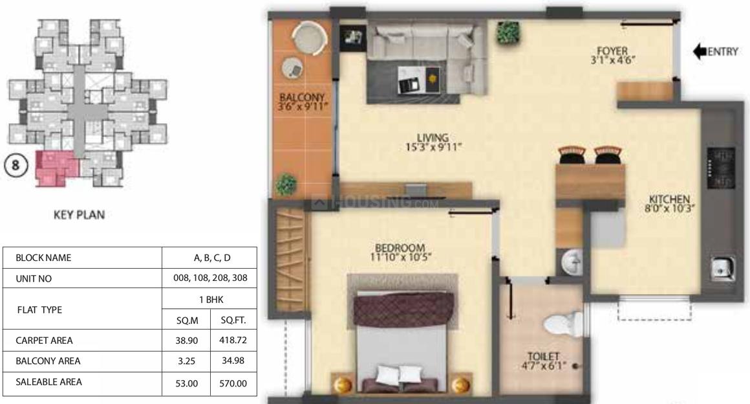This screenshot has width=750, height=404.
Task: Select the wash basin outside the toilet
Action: click(x=572, y=263)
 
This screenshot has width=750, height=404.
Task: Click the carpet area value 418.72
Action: click(x=233, y=339)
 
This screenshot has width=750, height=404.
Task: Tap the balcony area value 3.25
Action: click(x=186, y=361)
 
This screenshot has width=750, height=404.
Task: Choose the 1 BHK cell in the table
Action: click(x=209, y=299)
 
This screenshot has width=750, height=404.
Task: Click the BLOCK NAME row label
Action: click(x=44, y=258)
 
